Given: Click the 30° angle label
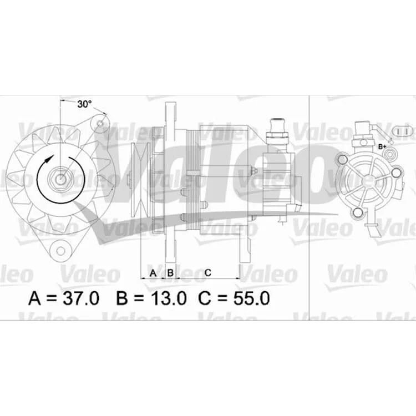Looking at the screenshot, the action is pyautogui.click(x=84, y=104).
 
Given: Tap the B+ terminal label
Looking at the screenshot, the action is pyautogui.click(x=382, y=146).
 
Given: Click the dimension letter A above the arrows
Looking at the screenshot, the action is pyautogui.click(x=153, y=273).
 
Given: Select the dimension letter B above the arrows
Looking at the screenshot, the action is pyautogui.click(x=170, y=273).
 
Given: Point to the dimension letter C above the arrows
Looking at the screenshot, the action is pyautogui.click(x=208, y=272).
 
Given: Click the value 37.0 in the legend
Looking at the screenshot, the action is pyautogui.click(x=80, y=298).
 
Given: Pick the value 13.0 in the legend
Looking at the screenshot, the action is pyautogui.click(x=169, y=298).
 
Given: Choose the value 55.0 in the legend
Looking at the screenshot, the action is pyautogui.click(x=251, y=298).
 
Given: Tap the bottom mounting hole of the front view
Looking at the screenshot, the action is pyautogui.click(x=61, y=251).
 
